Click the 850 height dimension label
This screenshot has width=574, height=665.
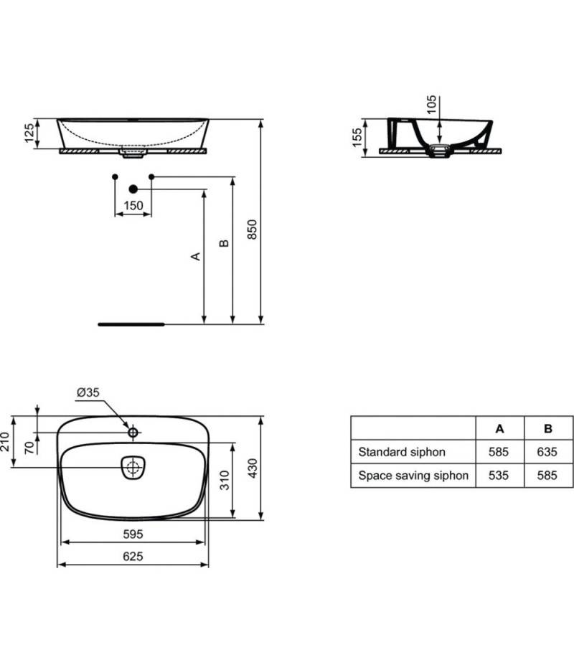coord(252,230)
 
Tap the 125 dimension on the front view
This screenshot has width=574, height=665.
coord(29,133)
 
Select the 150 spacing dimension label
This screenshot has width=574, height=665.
coord(133,206)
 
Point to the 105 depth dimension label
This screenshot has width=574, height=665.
coord(431,104)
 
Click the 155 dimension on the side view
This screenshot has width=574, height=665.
coord(357,138)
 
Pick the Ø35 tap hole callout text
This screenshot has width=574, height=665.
coord(88,392)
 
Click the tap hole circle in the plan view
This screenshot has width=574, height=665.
coord(133,432)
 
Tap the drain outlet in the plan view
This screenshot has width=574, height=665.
coord(133,468)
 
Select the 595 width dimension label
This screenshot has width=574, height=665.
coord(133,534)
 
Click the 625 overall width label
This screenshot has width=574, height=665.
coord(133,557)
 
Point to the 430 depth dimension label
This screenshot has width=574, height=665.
coord(253,468)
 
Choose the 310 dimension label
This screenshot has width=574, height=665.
coord(225,480)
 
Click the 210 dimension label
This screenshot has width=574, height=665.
coord(5,441)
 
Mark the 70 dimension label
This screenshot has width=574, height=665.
coord(29,448)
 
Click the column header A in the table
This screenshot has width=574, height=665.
coord(500,429)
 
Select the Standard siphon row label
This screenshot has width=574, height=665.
coord(402,452)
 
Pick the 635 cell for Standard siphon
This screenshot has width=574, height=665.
coord(547,452)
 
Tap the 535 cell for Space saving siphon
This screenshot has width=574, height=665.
coord(499,476)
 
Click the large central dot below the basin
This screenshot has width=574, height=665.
coord(133,189)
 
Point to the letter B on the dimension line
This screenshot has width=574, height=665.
coord(224,243)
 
